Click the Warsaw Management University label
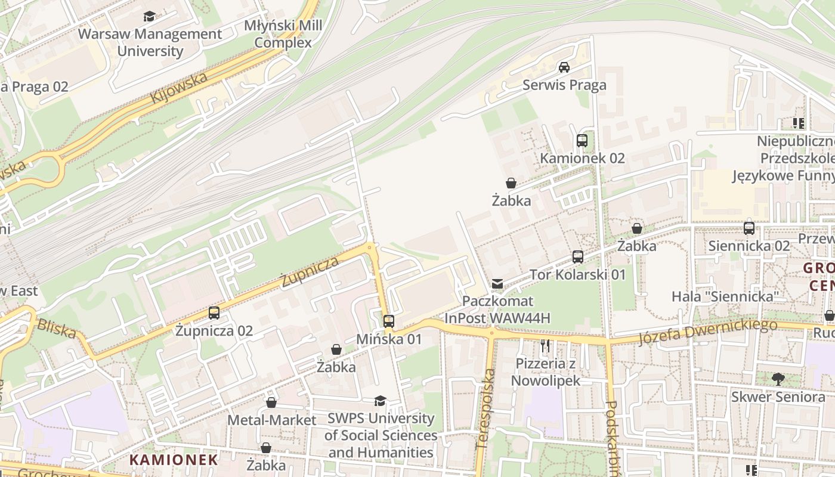point(150,42)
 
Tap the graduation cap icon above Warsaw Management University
point(149,17)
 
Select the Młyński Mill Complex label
point(283,34)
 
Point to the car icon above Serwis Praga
point(564,67)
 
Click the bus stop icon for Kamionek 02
point(582,141)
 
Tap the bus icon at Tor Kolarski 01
point(578,257)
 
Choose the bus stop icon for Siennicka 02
point(749,228)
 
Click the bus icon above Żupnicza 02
point(214,312)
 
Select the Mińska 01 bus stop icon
point(389,321)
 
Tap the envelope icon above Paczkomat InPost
point(497,283)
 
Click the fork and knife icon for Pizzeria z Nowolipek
point(545,345)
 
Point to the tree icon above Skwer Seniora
point(778,379)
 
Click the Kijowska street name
point(180,87)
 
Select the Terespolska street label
point(486,409)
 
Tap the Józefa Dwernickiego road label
point(707,332)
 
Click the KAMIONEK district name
point(174,460)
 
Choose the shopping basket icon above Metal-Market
point(271,402)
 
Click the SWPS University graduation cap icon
point(380,401)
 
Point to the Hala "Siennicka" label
point(725,296)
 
